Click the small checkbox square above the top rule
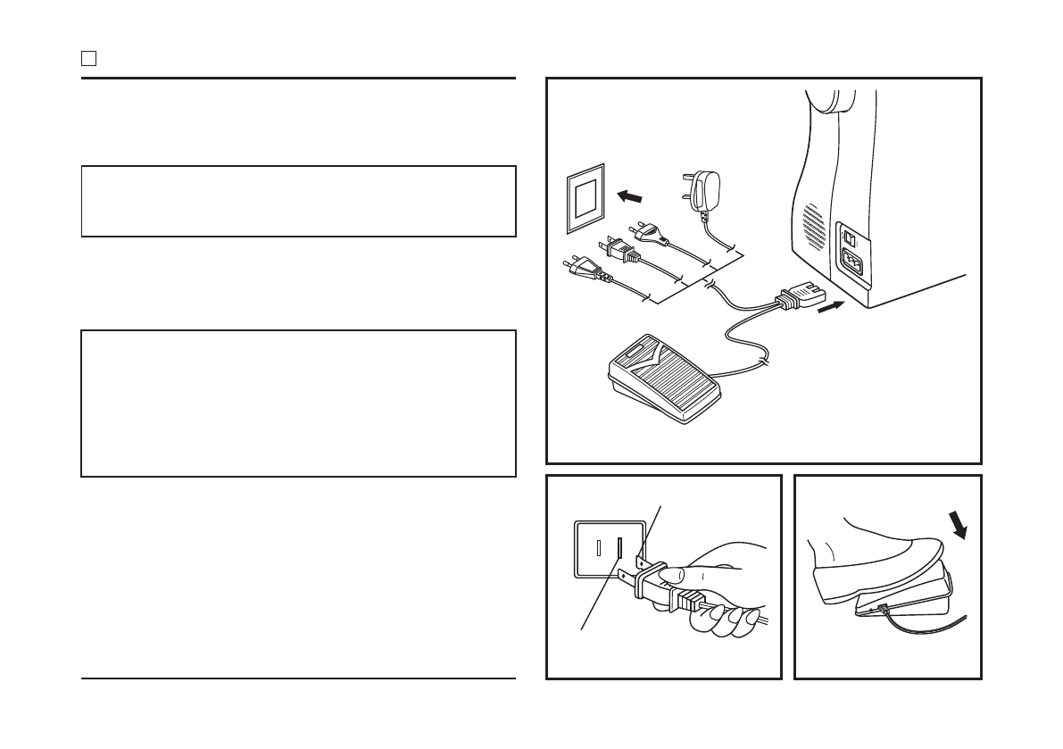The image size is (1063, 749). [x=88, y=59]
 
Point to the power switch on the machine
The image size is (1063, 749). [x=851, y=239]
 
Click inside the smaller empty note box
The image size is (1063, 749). [x=298, y=201]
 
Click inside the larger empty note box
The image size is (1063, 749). [x=298, y=404]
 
